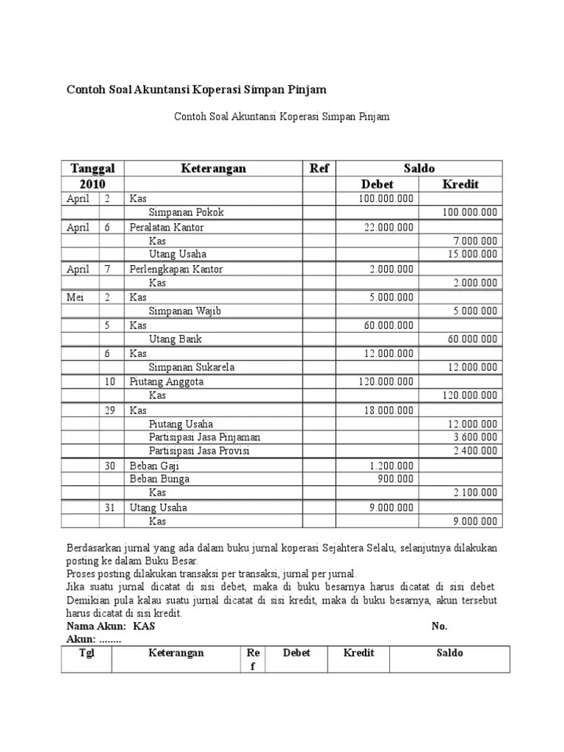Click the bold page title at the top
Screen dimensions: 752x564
[x=196, y=90]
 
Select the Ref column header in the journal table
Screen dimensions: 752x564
[x=319, y=168]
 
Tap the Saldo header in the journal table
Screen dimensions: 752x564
[x=419, y=168]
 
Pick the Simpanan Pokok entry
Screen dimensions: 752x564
[x=186, y=212]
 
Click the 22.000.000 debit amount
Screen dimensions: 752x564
[x=388, y=228]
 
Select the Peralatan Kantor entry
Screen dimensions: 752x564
[x=167, y=228]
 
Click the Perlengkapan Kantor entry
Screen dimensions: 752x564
[x=176, y=270]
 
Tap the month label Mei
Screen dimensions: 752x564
[x=76, y=297]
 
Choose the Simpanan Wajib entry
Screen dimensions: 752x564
[x=184, y=311]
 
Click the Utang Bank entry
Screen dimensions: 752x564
[x=175, y=339]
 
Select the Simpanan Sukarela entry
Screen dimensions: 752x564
[x=192, y=367]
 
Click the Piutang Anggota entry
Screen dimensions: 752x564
[x=167, y=382]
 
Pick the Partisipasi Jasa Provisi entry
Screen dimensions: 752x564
[x=199, y=451]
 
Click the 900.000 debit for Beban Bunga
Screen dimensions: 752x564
[x=396, y=479]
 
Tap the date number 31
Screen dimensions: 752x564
[x=109, y=507]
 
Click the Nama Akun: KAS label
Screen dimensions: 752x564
[x=111, y=626]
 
